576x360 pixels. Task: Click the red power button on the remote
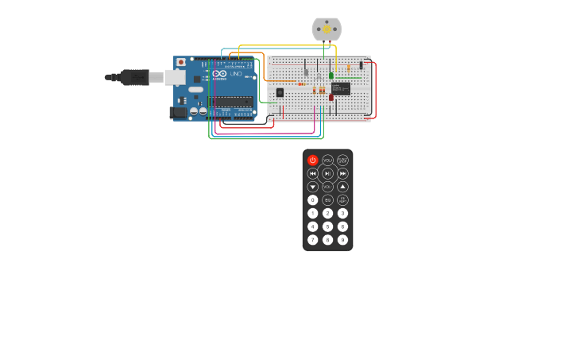coord(312,160)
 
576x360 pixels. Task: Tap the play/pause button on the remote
coord(327,173)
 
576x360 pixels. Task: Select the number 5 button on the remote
coord(327,226)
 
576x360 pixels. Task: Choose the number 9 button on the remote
coord(342,240)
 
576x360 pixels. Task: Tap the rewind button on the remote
coord(312,173)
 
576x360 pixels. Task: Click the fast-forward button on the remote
coord(342,173)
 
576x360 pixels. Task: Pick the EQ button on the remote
coord(327,200)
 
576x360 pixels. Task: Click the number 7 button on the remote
coord(312,240)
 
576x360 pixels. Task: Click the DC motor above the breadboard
coord(327,29)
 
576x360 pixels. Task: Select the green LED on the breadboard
coord(331,75)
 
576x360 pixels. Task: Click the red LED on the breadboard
coord(331,98)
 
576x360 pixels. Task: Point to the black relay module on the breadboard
coord(341,88)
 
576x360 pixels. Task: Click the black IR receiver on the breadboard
coord(280,93)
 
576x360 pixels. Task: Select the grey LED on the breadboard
coord(306,72)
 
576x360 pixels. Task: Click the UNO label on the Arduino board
coord(236,74)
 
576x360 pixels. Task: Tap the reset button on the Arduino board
coord(181,62)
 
